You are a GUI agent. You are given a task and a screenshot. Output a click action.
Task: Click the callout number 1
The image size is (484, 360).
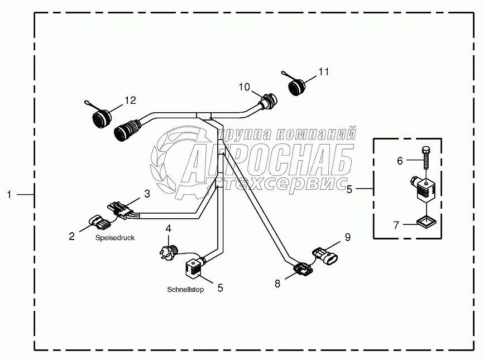9,194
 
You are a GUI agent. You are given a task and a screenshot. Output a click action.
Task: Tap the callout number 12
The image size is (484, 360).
130,100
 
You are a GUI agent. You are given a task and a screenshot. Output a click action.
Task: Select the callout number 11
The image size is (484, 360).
324,72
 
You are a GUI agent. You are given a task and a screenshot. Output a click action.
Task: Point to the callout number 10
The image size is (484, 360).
245,87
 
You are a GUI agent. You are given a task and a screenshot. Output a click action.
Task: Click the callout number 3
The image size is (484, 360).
147,194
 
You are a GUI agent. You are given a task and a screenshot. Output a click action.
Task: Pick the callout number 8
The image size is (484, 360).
278,283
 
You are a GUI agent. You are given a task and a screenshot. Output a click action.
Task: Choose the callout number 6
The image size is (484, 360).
400,161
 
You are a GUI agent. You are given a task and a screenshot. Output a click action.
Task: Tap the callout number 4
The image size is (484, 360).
168,228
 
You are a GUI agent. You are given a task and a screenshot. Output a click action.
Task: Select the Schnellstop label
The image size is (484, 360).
185,290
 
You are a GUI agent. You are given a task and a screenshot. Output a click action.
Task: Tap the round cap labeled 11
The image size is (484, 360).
298,89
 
